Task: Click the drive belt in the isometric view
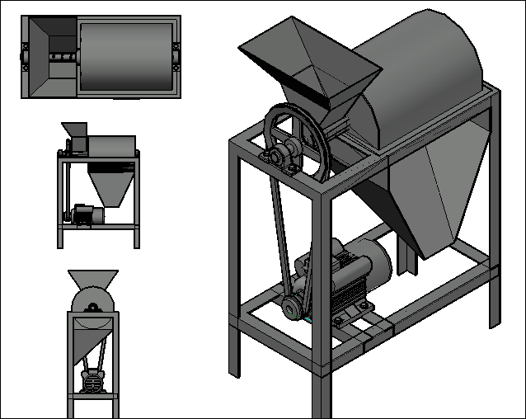click(x=278, y=239)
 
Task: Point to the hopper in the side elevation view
click(x=74, y=132)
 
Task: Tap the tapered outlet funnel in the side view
click(x=110, y=186)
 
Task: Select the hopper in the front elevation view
click(x=92, y=279)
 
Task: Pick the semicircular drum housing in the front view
click(x=92, y=301)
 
